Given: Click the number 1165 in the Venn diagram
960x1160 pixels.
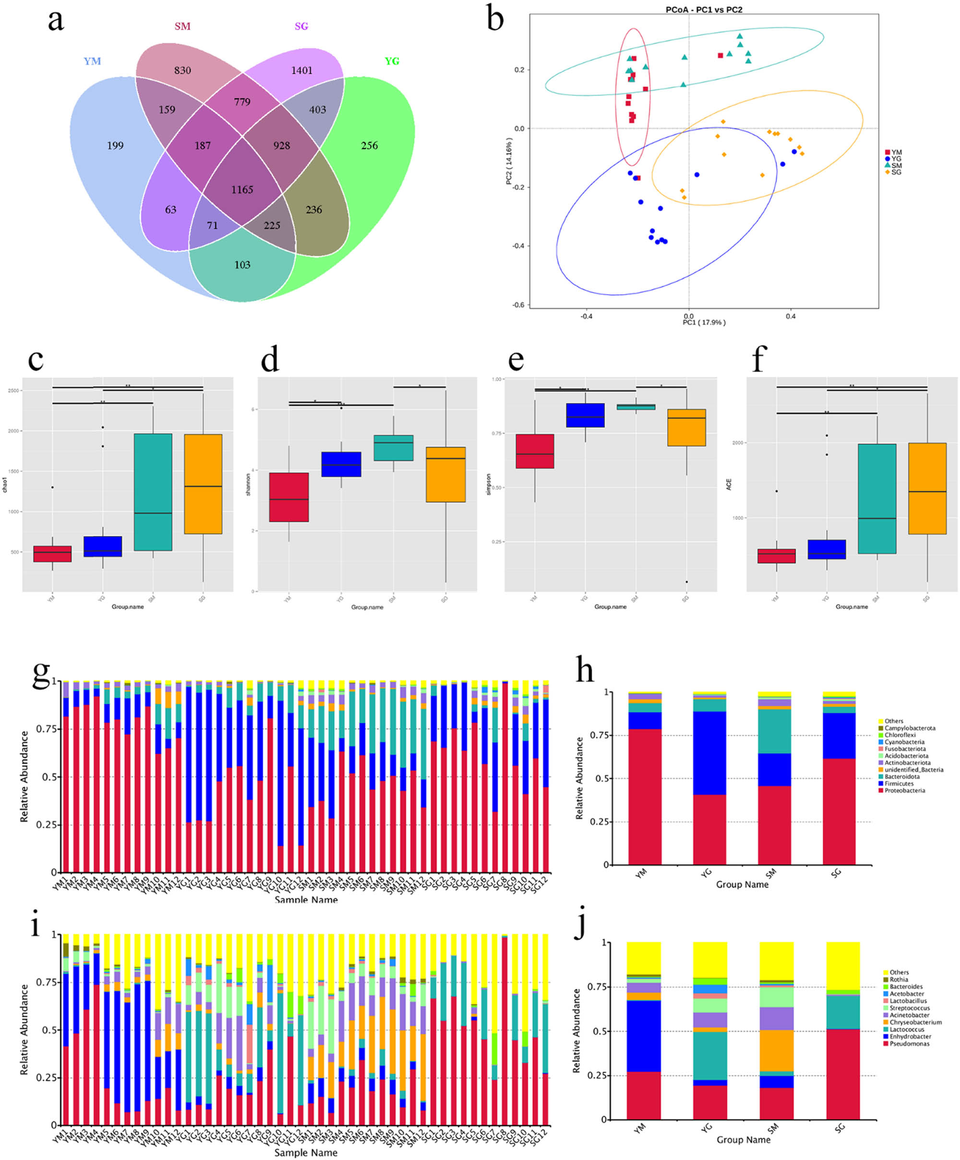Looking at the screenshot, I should click(242, 190).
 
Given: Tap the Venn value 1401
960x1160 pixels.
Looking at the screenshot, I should click(301, 70).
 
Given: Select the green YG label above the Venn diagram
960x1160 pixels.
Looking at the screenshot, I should click(392, 61).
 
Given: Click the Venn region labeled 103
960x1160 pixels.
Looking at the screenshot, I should click(242, 265).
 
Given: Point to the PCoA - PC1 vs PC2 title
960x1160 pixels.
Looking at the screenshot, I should click(703, 10).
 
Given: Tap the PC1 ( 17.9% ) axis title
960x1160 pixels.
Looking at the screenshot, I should click(704, 322).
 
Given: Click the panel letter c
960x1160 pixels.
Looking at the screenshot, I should click(36, 359).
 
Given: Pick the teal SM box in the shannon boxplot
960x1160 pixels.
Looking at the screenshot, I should click(393, 447).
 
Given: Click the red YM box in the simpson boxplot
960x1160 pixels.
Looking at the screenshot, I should click(534, 451).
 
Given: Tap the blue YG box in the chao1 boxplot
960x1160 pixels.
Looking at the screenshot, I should click(103, 546).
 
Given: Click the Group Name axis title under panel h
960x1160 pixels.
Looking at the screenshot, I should click(742, 884).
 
